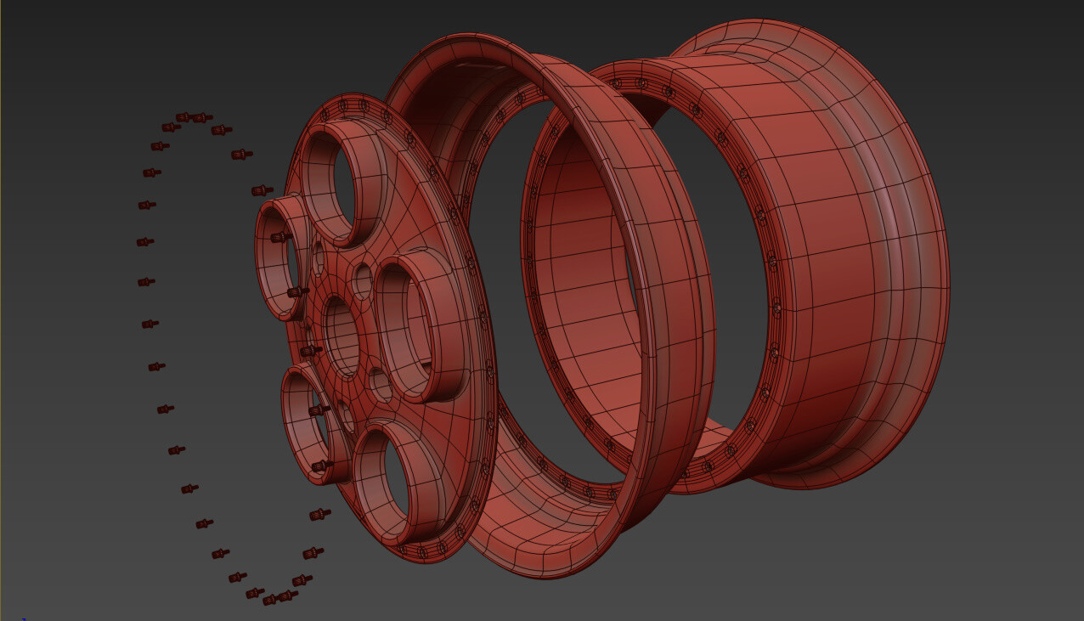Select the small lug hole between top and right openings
(363, 280)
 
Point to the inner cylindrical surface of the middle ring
(578, 280)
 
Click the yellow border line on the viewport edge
(1, 255)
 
